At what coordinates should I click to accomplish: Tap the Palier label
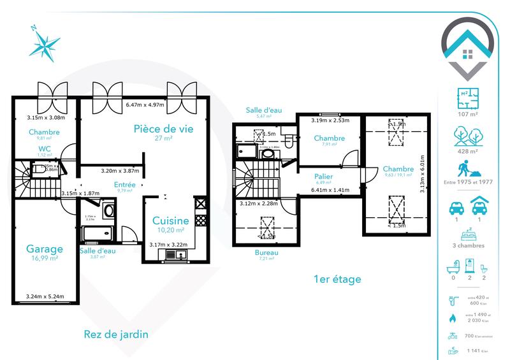click(324, 176)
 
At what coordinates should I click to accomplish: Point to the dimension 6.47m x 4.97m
click(145, 105)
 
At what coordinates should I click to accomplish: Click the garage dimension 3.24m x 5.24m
click(46, 297)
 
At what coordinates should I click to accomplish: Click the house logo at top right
click(471, 46)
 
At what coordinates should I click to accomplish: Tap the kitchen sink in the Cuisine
click(173, 256)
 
